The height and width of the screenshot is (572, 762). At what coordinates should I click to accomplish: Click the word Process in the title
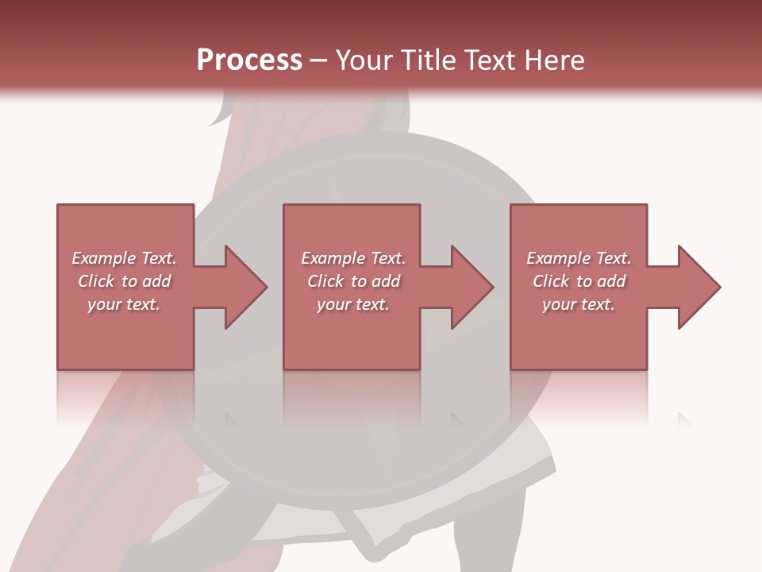[249, 60]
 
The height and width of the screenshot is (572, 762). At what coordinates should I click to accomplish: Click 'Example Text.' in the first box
[124, 258]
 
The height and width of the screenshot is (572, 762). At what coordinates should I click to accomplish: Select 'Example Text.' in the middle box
[353, 258]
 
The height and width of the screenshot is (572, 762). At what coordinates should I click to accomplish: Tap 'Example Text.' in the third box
[579, 258]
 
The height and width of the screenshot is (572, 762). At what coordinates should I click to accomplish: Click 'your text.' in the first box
[124, 304]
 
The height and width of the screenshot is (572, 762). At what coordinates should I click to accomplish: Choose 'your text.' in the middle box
[353, 304]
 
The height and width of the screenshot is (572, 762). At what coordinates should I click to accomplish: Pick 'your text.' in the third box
[579, 304]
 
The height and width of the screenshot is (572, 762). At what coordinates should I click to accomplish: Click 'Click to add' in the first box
[124, 281]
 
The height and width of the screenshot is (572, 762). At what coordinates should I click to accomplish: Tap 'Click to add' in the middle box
[353, 281]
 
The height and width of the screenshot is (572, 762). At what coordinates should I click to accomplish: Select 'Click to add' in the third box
[579, 281]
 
